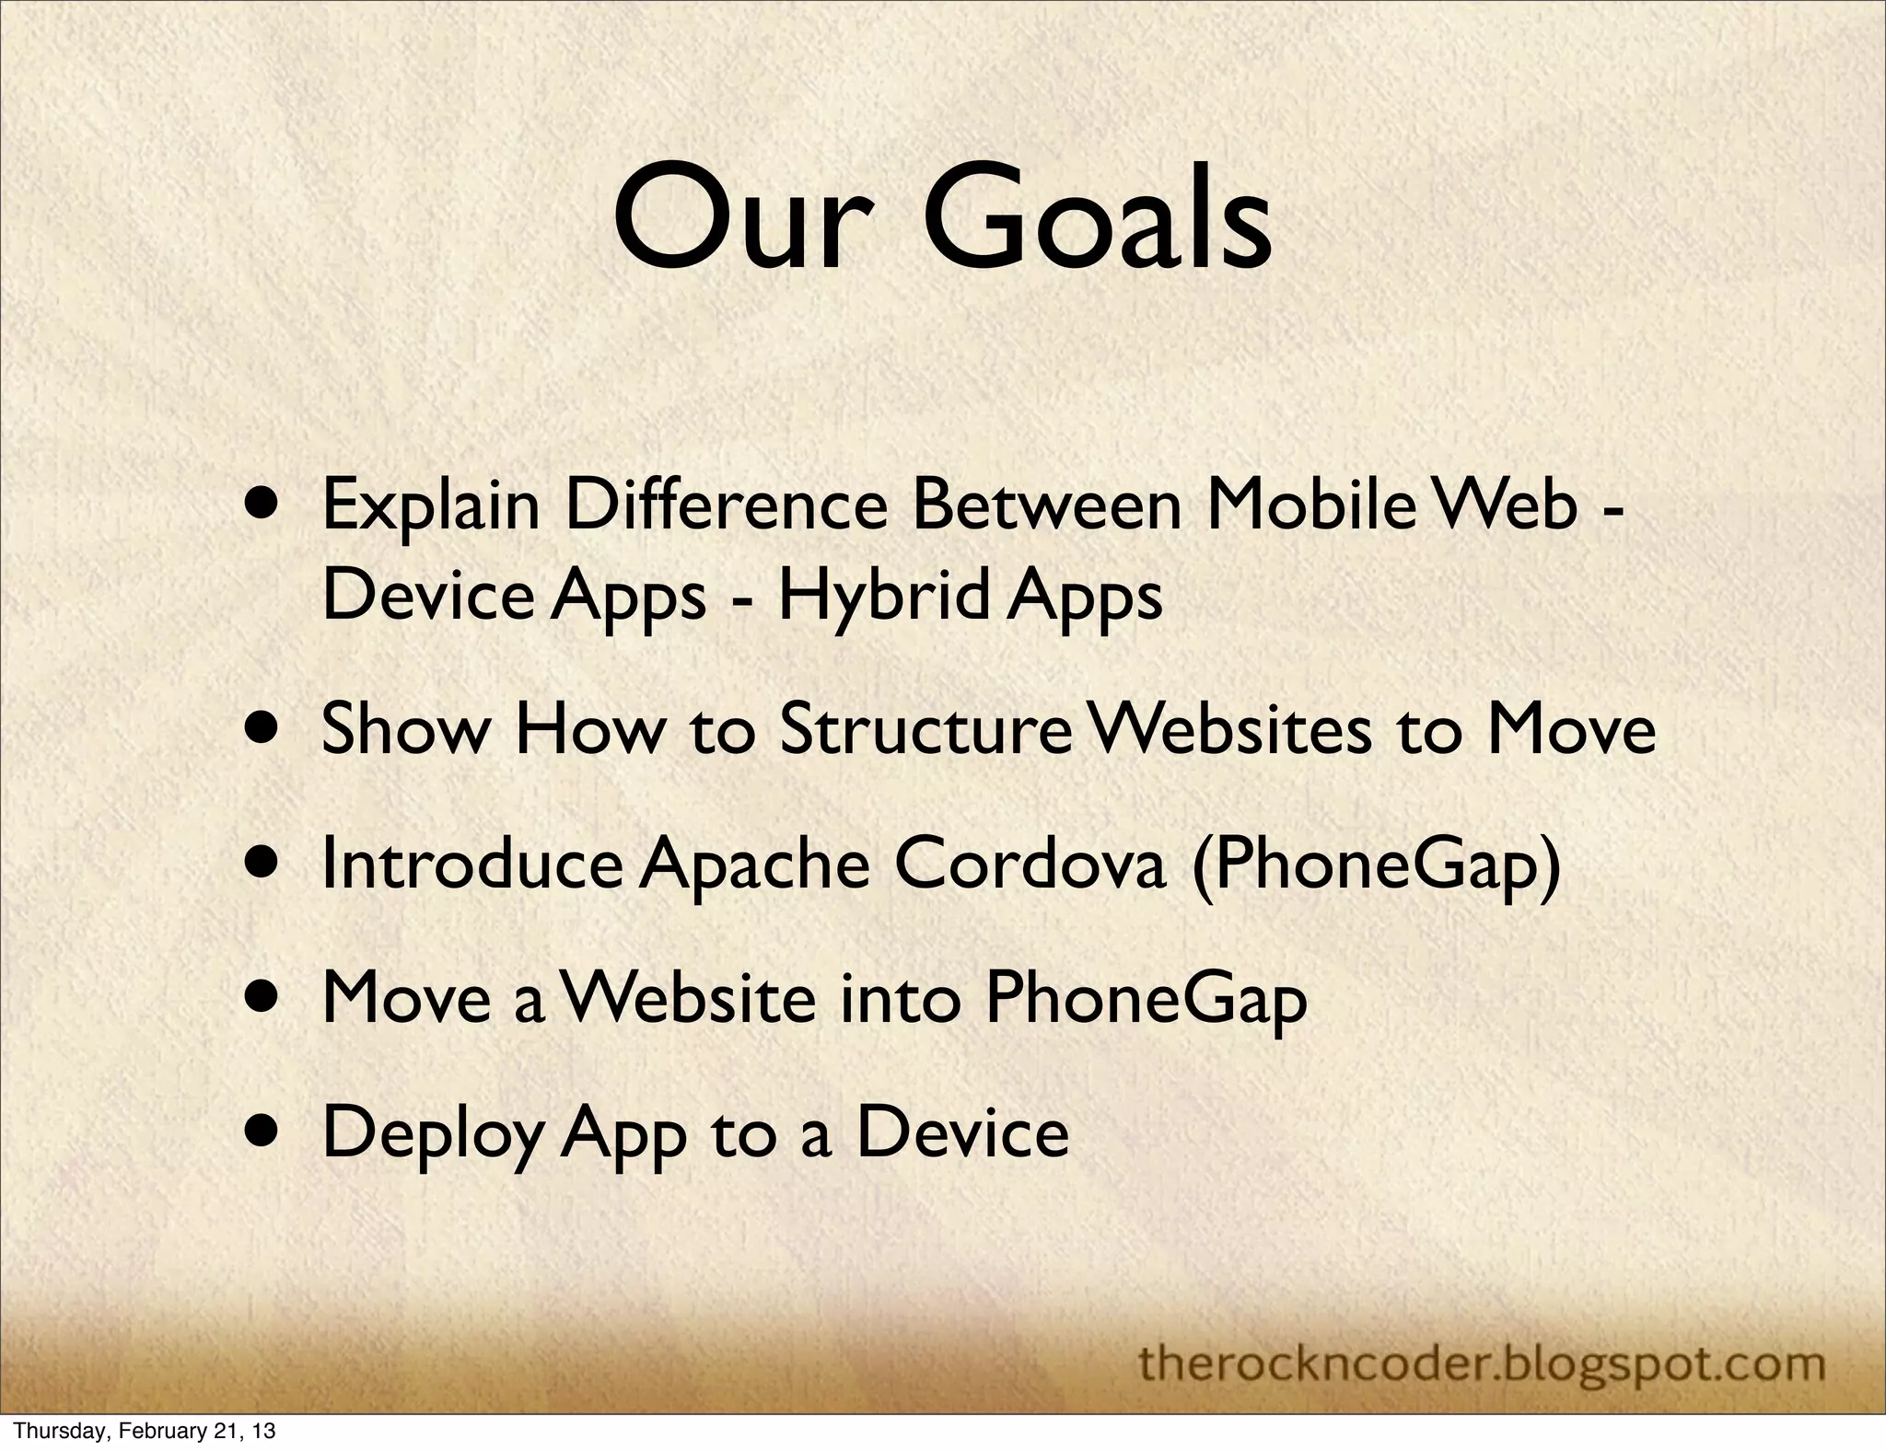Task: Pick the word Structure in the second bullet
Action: coord(925,729)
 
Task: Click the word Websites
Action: coord(1230,729)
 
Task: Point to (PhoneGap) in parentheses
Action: coord(1376,867)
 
